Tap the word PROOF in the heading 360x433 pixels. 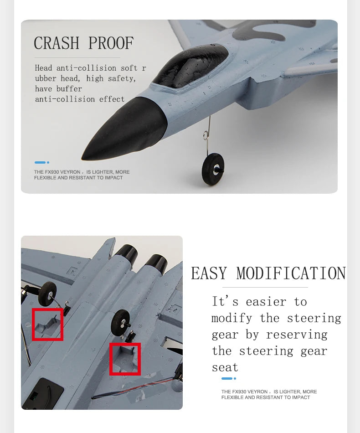[111, 43]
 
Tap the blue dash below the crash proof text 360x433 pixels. [40, 162]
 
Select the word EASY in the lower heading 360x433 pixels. [209, 274]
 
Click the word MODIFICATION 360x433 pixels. [291, 274]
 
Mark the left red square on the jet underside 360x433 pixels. [47, 324]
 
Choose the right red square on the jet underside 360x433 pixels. [125, 359]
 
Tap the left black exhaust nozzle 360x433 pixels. [126, 253]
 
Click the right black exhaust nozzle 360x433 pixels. [156, 263]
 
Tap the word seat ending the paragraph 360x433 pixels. [225, 367]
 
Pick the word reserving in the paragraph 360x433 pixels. [297, 335]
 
